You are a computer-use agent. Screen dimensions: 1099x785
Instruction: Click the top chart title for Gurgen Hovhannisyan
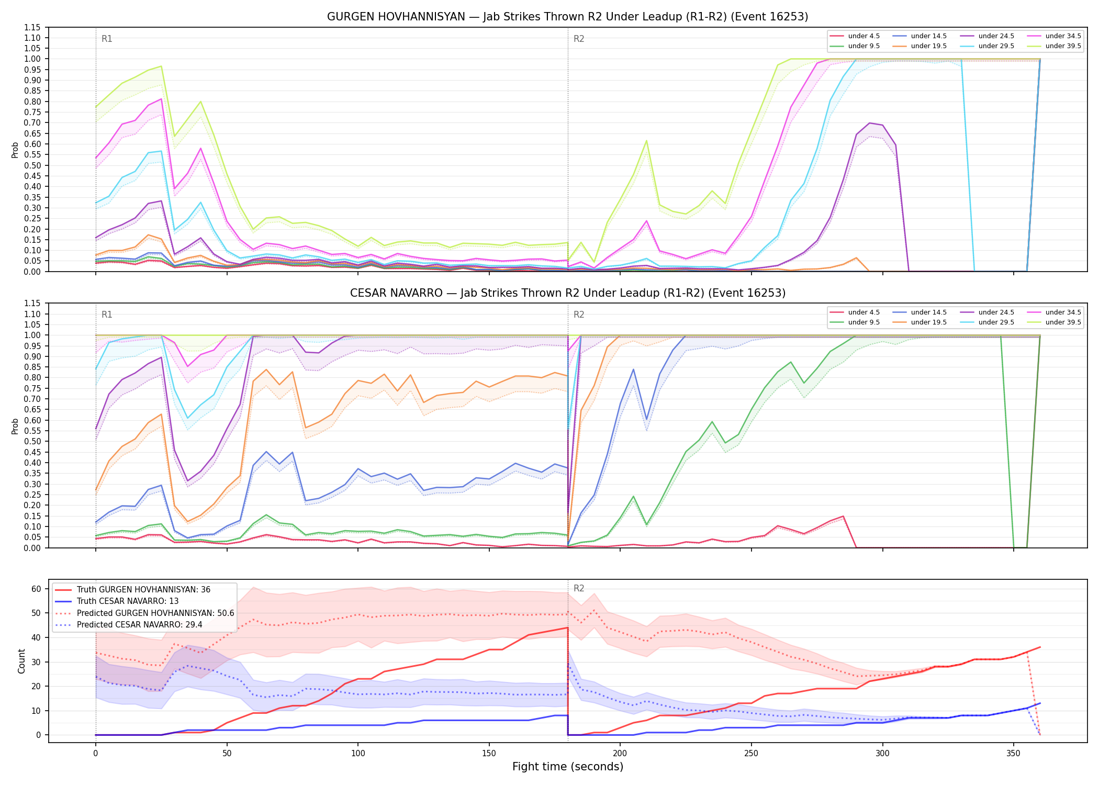point(567,17)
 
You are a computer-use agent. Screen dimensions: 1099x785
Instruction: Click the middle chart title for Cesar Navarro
point(567,293)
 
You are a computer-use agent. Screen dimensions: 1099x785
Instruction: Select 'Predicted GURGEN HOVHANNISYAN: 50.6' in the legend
point(144,613)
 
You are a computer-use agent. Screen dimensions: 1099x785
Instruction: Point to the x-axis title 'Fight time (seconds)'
point(568,767)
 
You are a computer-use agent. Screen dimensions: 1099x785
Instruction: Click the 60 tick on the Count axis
point(36,589)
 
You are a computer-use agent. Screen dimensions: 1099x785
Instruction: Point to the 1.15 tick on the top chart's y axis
point(32,27)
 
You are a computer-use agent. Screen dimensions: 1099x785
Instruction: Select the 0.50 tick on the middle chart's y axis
point(32,441)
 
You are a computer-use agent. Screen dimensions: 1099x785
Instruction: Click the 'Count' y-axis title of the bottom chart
point(21,661)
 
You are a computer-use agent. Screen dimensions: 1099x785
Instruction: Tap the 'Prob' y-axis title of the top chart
point(15,150)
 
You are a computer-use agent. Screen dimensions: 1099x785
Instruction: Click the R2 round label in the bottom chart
point(579,588)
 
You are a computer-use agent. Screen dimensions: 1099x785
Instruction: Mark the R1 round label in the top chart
point(107,39)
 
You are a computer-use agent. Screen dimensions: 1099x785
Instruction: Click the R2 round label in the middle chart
point(579,315)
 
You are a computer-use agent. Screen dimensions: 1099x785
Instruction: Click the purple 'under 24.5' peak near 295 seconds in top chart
point(869,123)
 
